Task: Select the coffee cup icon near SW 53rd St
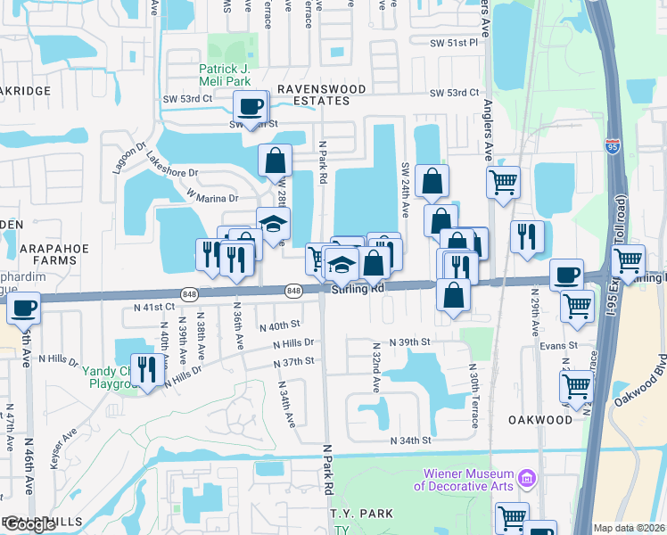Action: (250, 106)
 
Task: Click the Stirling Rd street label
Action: (358, 289)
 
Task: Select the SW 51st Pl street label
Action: (455, 43)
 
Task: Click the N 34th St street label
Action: (411, 440)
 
